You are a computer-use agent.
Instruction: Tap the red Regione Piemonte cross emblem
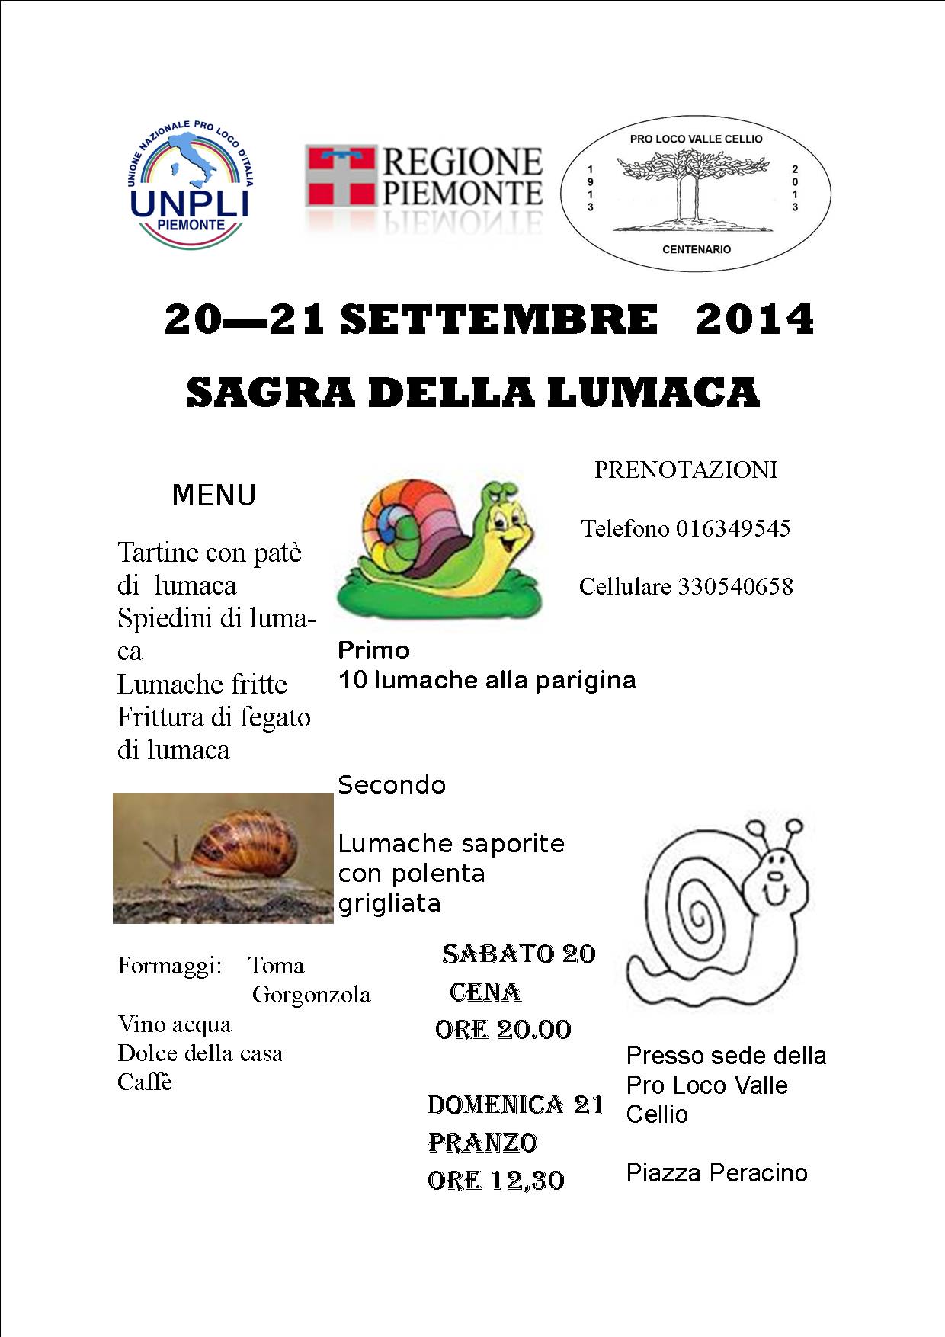pos(341,176)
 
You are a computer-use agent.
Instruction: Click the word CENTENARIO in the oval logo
pos(696,249)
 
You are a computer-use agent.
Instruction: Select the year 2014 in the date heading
pos(754,319)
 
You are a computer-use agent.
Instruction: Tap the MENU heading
pos(213,495)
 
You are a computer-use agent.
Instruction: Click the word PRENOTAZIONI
pos(686,470)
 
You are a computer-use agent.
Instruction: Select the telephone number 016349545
pos(733,528)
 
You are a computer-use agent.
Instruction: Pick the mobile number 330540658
pos(735,586)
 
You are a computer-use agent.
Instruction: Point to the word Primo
pos(373,650)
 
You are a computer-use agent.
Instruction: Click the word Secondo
pos(392,785)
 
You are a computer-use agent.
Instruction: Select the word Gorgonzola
pos(311,995)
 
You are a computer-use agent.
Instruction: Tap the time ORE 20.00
pos(503,1030)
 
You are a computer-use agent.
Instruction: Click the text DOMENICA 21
pos(515,1105)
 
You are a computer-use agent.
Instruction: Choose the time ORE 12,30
pos(496,1180)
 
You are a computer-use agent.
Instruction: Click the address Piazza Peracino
pos(716,1172)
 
